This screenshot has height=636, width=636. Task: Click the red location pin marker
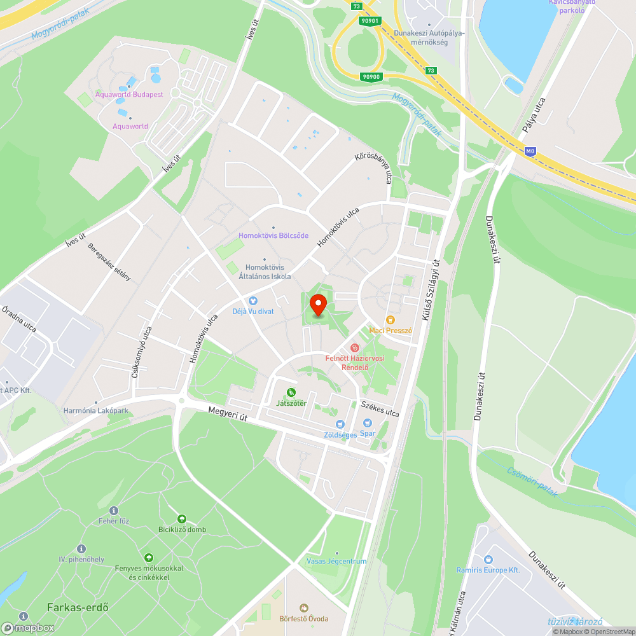tap(317, 305)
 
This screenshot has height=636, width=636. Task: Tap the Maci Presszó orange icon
tap(391, 320)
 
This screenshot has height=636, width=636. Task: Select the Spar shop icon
tap(367, 423)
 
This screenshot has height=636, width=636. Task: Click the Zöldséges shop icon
tap(340, 424)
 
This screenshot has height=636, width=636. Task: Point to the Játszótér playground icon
tap(291, 392)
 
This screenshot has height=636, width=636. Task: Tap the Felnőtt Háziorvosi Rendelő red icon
tap(355, 347)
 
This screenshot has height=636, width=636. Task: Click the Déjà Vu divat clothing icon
tap(252, 300)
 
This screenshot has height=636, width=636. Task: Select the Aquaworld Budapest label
tap(129, 94)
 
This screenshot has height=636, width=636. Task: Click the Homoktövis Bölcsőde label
tap(273, 235)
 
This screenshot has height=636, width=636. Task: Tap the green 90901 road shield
tap(370, 20)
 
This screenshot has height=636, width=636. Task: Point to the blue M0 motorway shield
tap(530, 151)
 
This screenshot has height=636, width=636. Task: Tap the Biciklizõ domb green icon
tap(182, 519)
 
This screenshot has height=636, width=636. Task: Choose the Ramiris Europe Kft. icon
tap(488, 559)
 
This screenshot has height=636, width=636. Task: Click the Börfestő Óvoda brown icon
tap(303, 608)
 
